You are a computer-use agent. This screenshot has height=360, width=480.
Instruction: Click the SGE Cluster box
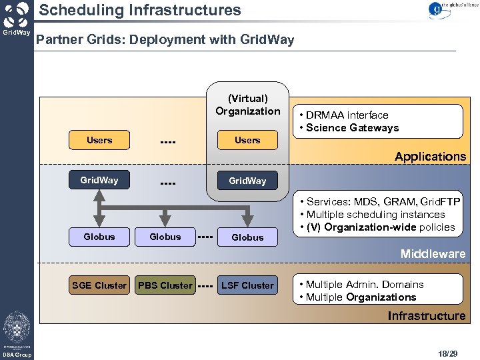click(99, 285)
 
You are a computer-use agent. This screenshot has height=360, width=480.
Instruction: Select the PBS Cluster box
click(165, 285)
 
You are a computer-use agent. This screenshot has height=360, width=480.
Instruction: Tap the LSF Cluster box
click(247, 285)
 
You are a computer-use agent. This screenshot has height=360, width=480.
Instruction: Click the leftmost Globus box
click(99, 237)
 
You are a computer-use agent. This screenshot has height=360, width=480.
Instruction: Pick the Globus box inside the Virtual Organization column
click(247, 237)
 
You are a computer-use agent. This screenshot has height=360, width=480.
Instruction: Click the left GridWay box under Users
click(99, 180)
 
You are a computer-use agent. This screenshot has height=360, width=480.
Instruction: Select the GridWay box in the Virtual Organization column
click(247, 181)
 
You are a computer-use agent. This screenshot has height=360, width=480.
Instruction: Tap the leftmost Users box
click(99, 140)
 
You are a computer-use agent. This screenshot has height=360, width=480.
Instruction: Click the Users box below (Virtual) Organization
click(247, 140)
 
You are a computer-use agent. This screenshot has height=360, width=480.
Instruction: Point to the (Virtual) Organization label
click(248, 105)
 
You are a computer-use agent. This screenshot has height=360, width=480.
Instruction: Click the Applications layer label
click(430, 157)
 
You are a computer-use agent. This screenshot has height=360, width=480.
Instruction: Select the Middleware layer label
click(433, 254)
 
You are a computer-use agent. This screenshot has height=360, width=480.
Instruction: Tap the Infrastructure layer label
click(427, 315)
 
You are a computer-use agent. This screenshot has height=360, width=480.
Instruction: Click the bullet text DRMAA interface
click(347, 115)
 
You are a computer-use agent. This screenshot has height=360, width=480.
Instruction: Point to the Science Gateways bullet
click(352, 128)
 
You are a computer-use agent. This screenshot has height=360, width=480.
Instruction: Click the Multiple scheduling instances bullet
click(375, 215)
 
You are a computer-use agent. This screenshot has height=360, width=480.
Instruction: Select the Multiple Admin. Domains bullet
click(365, 285)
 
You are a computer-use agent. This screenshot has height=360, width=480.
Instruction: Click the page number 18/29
click(448, 351)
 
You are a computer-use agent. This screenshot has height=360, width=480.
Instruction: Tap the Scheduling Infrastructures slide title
click(140, 10)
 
